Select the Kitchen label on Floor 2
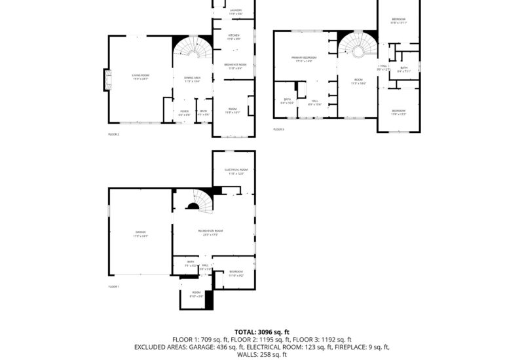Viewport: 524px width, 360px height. (234, 37)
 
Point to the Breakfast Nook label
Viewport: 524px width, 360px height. (234, 65)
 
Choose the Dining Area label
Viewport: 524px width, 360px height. (192, 79)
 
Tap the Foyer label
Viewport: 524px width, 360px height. (185, 113)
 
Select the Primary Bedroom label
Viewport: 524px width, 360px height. (304, 59)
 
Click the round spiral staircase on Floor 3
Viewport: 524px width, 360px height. (358, 50)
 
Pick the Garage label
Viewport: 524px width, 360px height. (140, 233)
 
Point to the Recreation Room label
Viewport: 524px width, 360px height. (211, 232)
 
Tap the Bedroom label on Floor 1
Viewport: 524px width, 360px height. (236, 273)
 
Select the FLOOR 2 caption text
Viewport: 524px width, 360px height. (114, 134)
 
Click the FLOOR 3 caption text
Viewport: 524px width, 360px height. (279, 130)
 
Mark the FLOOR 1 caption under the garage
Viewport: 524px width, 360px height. (114, 287)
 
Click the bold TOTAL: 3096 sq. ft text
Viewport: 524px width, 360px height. (261, 332)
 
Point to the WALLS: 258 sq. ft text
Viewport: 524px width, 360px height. (261, 354)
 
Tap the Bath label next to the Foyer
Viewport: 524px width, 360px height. (204, 113)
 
